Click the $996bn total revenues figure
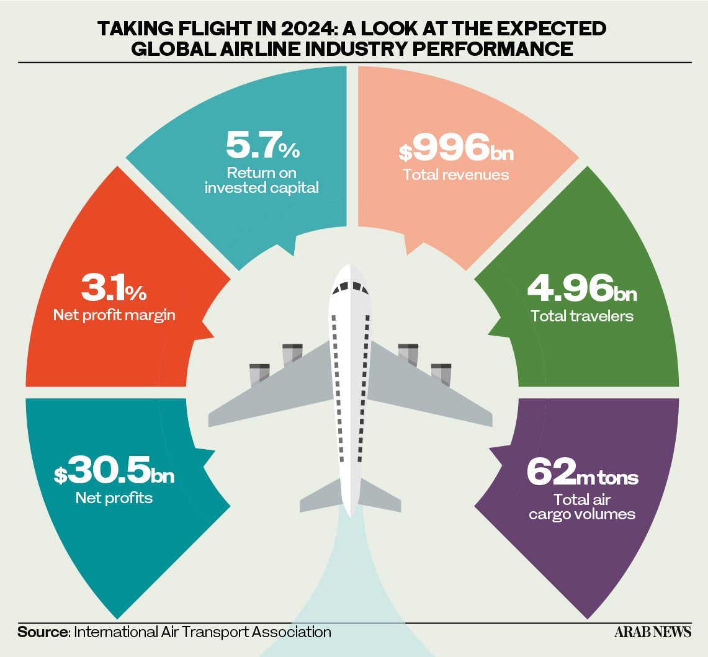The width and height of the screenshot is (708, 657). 456,147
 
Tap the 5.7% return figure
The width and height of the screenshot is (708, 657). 263,145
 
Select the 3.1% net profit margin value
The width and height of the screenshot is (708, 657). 114,288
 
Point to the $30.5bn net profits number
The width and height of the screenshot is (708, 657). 114,470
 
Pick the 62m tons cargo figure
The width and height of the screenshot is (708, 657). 583,472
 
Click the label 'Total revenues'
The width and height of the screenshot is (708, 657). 456,175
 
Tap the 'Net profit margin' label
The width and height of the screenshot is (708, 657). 114,315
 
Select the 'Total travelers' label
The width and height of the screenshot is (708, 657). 582,316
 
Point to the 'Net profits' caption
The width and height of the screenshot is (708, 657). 114,498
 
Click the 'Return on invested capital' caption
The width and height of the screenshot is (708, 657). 262,180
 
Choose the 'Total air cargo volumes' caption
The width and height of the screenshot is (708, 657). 582,507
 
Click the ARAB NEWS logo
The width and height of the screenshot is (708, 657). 652,632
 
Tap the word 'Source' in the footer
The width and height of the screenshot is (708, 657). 42,632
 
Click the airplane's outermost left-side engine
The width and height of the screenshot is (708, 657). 259,375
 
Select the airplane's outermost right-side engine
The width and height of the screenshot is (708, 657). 441,375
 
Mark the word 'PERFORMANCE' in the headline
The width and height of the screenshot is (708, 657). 493,49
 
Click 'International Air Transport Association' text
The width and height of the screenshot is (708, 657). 202,632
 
